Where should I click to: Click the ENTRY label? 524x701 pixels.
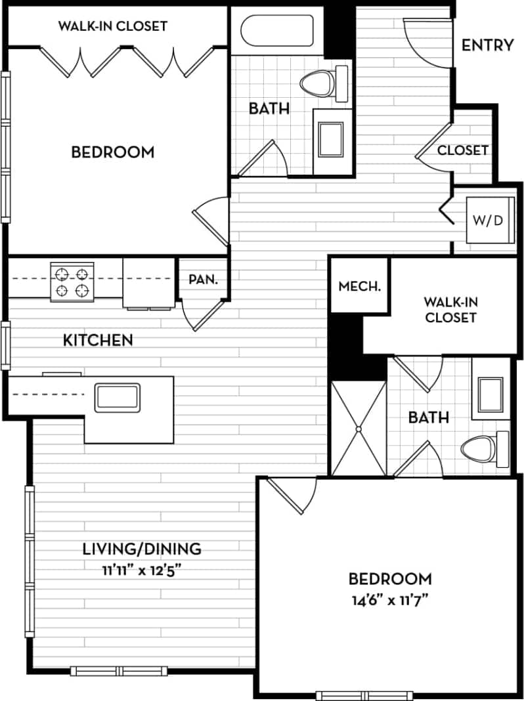pyautogui.click(x=487, y=45)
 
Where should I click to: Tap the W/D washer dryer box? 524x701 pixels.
pyautogui.click(x=488, y=220)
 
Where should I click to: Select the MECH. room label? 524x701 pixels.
pyautogui.click(x=359, y=286)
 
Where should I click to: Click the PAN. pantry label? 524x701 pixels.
pyautogui.click(x=203, y=279)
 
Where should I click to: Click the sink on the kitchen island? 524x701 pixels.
pyautogui.click(x=117, y=398)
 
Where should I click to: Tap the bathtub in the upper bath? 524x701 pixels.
pyautogui.click(x=276, y=31)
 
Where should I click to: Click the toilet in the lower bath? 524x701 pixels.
pyautogui.click(x=483, y=450)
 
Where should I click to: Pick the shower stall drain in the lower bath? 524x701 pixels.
pyautogui.click(x=359, y=429)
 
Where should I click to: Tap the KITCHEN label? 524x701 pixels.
pyautogui.click(x=98, y=340)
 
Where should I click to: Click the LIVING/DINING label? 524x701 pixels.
pyautogui.click(x=141, y=549)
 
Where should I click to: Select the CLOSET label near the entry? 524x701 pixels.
pyautogui.click(x=462, y=150)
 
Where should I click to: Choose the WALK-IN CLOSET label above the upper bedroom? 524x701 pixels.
pyautogui.click(x=112, y=26)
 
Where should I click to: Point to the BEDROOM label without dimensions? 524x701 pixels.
pyautogui.click(x=112, y=152)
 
